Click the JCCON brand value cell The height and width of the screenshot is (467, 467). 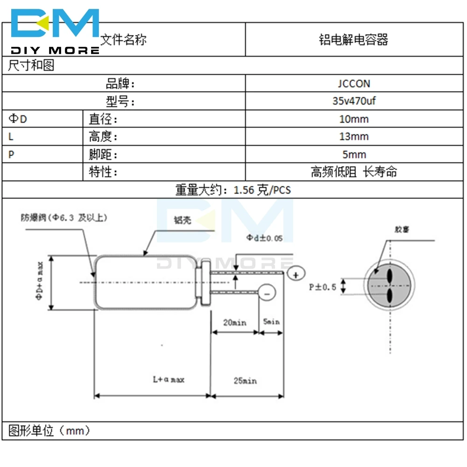(x=354, y=84)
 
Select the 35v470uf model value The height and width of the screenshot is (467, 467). (x=354, y=101)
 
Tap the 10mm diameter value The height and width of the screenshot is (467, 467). (x=354, y=119)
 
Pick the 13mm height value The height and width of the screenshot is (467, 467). (x=354, y=137)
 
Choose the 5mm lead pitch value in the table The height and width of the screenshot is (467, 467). (x=354, y=155)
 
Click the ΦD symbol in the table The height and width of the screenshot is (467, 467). (x=18, y=119)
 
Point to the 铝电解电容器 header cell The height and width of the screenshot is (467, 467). (x=354, y=40)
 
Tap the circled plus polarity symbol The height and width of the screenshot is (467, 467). (x=296, y=274)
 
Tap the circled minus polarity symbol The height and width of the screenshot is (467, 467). (x=267, y=293)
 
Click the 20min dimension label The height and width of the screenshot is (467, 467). (x=234, y=322)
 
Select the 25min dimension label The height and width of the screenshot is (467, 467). (x=245, y=381)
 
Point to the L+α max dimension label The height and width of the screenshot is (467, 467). (x=169, y=379)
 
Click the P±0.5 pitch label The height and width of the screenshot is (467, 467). (x=323, y=287)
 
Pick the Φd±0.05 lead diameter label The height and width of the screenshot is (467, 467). (x=264, y=238)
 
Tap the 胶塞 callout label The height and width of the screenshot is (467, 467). (x=401, y=229)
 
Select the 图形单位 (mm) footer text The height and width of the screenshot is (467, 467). (x=49, y=430)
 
